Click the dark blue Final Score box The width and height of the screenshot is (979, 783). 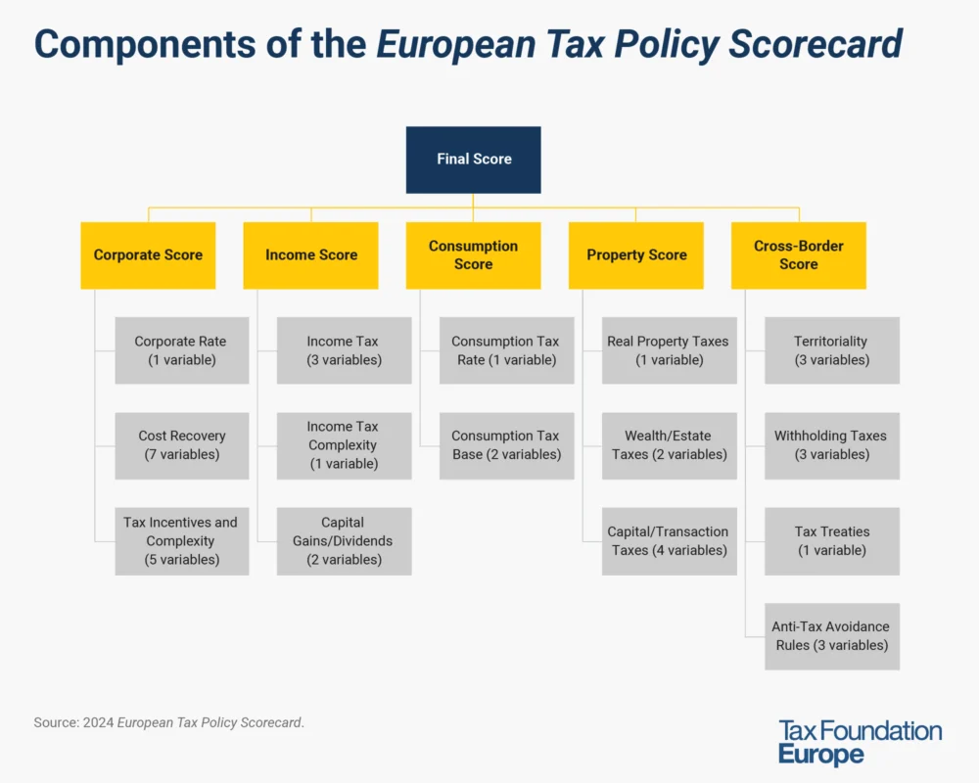pos(474,159)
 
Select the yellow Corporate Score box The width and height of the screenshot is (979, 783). pos(148,254)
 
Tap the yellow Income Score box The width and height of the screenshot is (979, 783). pos(310,254)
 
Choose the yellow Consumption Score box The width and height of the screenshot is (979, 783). pos(473,254)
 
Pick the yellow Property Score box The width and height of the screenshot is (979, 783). pos(635,254)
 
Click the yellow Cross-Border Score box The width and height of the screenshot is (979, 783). pos(798,254)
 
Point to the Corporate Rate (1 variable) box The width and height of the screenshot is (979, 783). pos(181,350)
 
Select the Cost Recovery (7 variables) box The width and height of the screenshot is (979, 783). pos(181,445)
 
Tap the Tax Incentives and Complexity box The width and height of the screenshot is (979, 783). pos(181,540)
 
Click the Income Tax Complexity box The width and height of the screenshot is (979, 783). pos(344,445)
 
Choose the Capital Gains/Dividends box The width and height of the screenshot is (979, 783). pos(344,540)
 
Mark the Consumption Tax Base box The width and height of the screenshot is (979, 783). pos(506,445)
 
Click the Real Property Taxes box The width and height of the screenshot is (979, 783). pos(669,350)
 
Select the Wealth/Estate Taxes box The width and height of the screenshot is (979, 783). pos(669,445)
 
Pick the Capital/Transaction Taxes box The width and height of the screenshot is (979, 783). pos(669,540)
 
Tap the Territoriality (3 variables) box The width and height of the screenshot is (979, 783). pos(831,350)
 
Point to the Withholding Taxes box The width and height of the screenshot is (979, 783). pos(831,445)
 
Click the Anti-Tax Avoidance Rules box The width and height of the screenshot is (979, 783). pos(831,635)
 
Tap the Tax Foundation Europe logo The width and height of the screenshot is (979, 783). pos(860,742)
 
